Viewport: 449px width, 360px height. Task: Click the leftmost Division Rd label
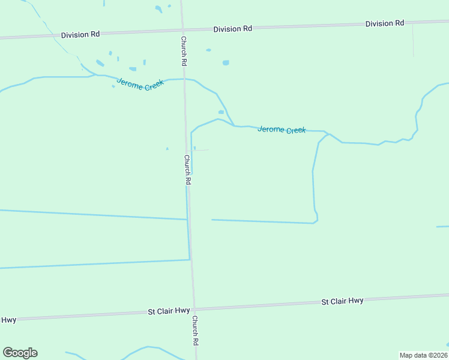[80, 35]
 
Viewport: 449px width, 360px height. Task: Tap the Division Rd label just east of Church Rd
[232, 29]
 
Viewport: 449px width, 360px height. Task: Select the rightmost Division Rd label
[385, 23]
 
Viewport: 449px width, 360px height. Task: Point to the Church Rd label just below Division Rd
[184, 50]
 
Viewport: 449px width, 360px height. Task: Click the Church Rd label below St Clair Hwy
[195, 331]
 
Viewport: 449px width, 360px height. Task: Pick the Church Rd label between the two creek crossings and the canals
[187, 170]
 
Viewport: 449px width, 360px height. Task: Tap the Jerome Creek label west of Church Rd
[140, 85]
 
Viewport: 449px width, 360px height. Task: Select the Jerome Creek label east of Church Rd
[282, 130]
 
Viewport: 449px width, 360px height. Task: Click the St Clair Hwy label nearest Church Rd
[169, 311]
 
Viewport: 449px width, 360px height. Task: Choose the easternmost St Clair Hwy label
[342, 301]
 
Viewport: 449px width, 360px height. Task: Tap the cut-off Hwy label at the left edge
[8, 320]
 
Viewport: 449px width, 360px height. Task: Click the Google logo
[20, 353]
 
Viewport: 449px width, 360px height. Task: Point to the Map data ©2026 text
[423, 355]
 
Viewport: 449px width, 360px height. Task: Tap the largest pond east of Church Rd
[226, 62]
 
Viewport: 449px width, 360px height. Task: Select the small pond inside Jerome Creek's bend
[221, 112]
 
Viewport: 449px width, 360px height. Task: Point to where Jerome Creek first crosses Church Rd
[184, 79]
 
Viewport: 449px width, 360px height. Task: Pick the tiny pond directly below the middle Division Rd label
[208, 50]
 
